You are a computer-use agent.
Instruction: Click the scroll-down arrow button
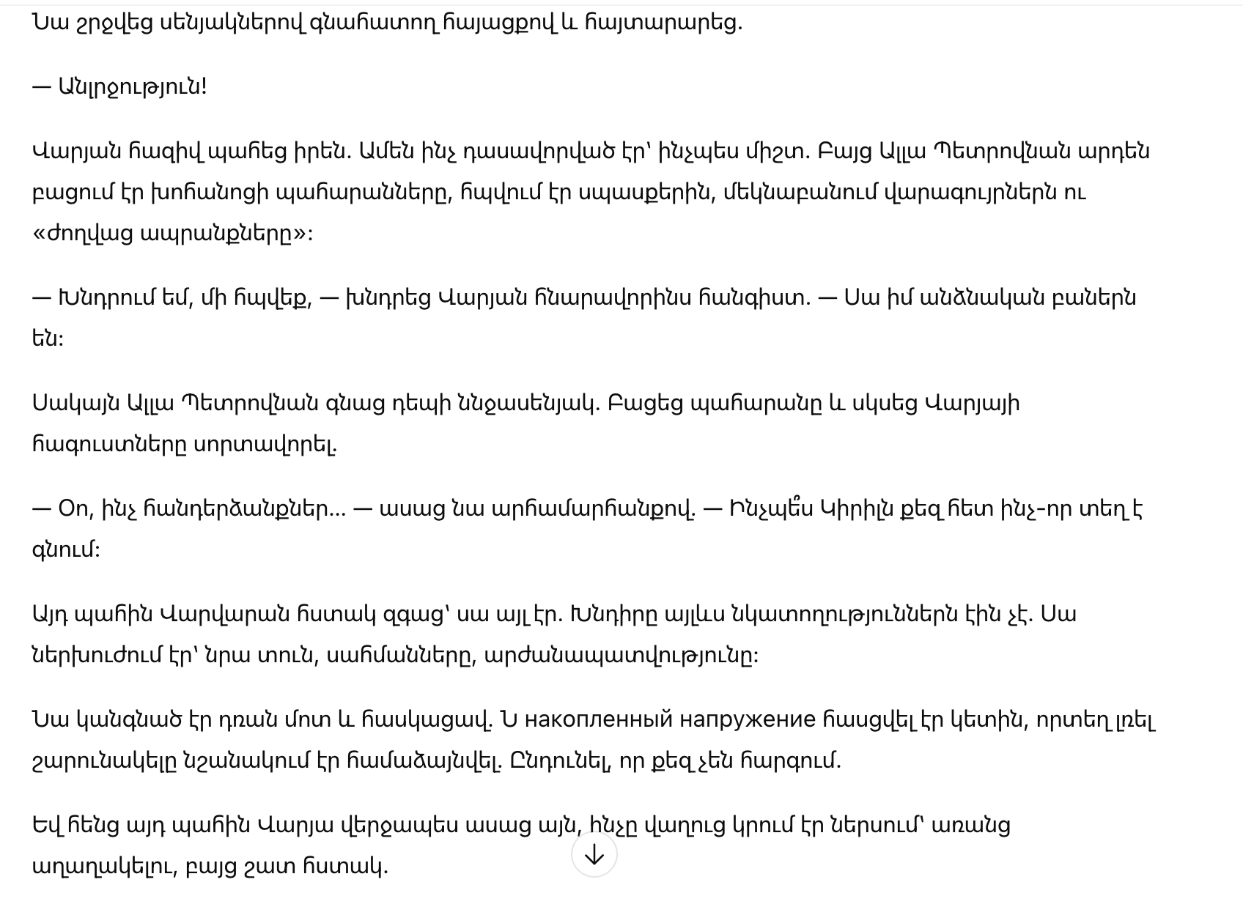click(x=594, y=854)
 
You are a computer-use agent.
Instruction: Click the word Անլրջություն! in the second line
click(x=132, y=87)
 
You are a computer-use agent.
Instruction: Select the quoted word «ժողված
click(x=83, y=234)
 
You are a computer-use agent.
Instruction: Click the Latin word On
click(x=73, y=508)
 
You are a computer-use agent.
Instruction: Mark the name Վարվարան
click(x=217, y=614)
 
